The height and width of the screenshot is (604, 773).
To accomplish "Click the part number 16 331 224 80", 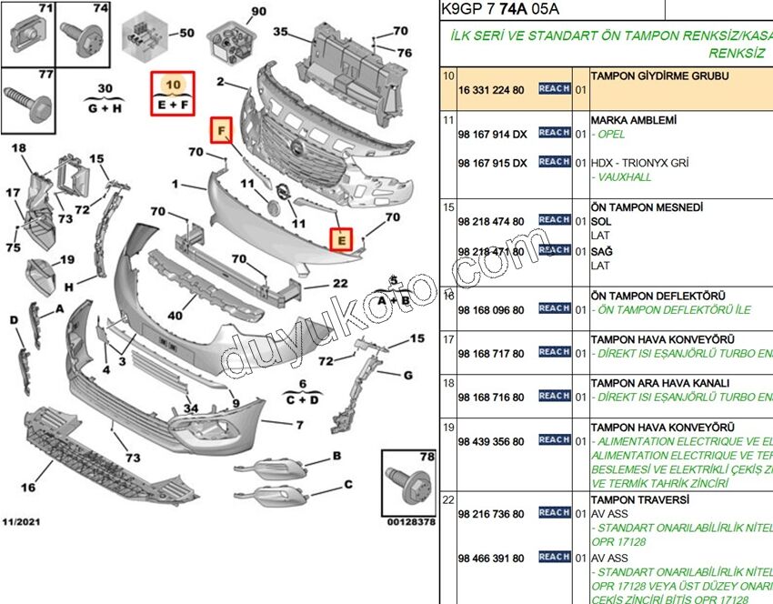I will pyautogui.click(x=491, y=90).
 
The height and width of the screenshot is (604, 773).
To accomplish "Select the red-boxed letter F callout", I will pyautogui.click(x=221, y=131).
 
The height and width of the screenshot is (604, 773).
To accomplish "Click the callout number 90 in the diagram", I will pyautogui.click(x=259, y=12).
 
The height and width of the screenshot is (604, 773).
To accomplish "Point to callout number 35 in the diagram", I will pyautogui.click(x=280, y=33).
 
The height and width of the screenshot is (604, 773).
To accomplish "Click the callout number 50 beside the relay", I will pyautogui.click(x=186, y=34).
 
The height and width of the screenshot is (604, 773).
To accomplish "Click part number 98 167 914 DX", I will pyautogui.click(x=492, y=134).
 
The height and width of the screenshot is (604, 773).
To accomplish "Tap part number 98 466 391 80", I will pyautogui.click(x=491, y=558).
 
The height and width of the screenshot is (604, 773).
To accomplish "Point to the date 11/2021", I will pyautogui.click(x=21, y=521).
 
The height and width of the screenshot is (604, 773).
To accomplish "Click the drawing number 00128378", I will pyautogui.click(x=410, y=522).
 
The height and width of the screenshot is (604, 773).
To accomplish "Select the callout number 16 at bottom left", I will pyautogui.click(x=28, y=488).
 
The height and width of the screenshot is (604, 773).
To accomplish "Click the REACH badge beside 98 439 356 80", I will pyautogui.click(x=555, y=439).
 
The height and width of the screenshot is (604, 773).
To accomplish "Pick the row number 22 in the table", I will pyautogui.click(x=448, y=500).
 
